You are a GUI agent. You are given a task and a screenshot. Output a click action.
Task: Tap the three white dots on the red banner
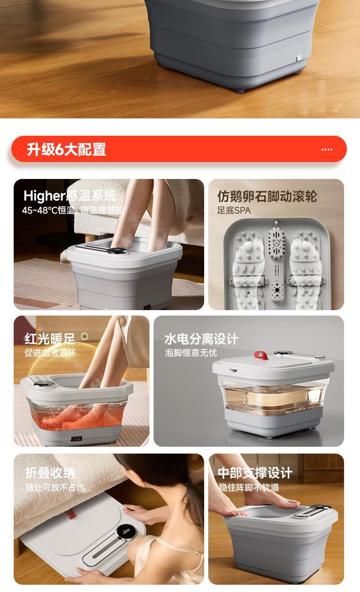click(327, 149)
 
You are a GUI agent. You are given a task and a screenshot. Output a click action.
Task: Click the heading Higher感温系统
click(70, 196)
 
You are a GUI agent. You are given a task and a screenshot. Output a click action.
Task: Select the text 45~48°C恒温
click(48, 210)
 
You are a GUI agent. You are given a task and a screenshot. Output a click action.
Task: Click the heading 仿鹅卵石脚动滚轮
click(267, 196)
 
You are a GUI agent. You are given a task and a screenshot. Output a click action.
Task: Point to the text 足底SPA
click(234, 210)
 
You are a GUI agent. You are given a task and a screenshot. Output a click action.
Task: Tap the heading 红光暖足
click(50, 339)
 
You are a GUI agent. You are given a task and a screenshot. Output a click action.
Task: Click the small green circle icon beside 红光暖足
click(84, 337)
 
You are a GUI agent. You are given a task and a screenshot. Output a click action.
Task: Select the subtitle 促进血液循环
click(50, 353)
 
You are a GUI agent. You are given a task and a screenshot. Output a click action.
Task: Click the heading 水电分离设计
click(201, 339)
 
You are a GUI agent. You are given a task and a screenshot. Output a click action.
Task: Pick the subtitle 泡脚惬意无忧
click(191, 353)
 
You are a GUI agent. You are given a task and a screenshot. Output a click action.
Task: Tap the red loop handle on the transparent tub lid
click(261, 355)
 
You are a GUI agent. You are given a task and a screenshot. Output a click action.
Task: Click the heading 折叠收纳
click(50, 473)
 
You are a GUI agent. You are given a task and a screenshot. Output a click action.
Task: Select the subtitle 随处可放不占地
click(55, 487)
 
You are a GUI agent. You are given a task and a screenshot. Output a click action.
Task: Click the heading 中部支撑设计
click(255, 473)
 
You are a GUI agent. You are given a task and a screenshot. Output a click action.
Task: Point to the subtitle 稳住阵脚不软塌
click(249, 487)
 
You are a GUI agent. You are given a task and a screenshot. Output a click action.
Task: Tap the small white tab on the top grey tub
click(298, 58)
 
